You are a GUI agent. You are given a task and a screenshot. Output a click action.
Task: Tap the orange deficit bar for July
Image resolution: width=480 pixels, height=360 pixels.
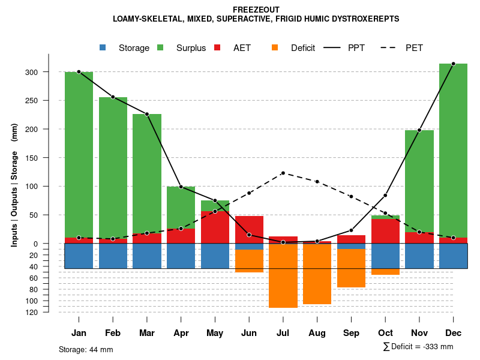coord(283,276)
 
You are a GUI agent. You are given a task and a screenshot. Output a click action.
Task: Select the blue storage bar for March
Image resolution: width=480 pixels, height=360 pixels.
coord(147,256)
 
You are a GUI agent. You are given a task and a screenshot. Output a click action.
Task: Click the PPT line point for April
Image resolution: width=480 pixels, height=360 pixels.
coord(181,187)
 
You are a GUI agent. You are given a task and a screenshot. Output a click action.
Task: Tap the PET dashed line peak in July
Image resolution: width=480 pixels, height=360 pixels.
coord(283,173)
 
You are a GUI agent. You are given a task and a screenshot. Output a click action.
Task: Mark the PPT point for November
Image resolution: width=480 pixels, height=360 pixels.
coord(419,130)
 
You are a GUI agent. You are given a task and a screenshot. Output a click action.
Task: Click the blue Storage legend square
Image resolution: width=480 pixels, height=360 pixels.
coord(103,48)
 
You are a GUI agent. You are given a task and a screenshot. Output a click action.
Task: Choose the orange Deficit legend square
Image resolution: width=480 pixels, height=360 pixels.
coord(275,48)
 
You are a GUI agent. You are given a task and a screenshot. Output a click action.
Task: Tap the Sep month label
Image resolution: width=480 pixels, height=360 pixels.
coord(351,333)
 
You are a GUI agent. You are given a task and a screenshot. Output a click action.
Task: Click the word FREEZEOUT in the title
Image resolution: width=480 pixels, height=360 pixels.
coord(256,10)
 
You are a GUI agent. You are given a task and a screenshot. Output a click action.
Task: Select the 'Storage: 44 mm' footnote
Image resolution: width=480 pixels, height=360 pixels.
coord(86,349)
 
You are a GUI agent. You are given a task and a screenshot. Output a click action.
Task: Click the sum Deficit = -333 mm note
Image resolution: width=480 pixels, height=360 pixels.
coord(418,347)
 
